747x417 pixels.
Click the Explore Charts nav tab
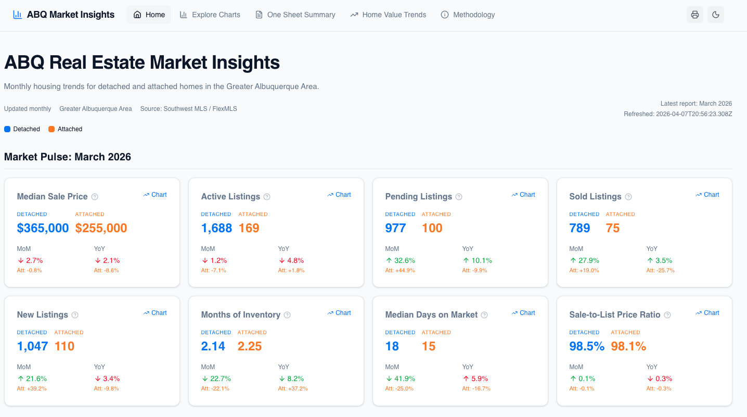click(210, 15)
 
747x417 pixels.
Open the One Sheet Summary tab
click(295, 15)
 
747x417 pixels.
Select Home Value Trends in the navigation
click(388, 15)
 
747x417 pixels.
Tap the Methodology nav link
click(468, 15)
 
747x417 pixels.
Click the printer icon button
click(695, 15)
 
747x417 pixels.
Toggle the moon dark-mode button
click(716, 15)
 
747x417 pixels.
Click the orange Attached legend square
click(51, 129)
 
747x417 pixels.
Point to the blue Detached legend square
click(7, 129)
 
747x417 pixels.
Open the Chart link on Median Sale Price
click(155, 195)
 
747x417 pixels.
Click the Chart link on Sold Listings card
click(707, 195)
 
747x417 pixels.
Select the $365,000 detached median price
click(43, 228)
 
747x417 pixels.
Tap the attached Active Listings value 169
click(249, 228)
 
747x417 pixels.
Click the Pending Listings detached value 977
click(395, 228)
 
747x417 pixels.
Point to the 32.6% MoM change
click(400, 260)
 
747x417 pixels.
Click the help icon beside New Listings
click(75, 315)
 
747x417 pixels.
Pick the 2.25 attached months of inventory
click(250, 346)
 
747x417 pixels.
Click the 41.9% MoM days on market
click(400, 378)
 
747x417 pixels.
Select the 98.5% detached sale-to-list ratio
click(587, 346)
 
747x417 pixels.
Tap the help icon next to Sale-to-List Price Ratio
click(667, 315)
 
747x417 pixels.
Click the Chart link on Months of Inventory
click(339, 313)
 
